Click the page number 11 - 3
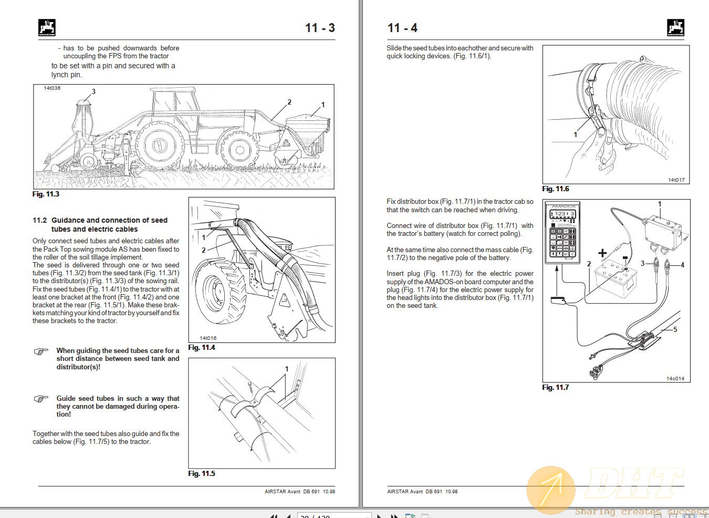point(320,28)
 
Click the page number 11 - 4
point(402,28)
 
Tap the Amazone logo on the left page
point(47,27)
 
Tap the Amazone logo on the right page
point(675,27)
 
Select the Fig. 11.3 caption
point(46,194)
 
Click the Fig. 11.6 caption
point(556,189)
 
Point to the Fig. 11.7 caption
point(556,388)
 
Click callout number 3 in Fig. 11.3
point(93,91)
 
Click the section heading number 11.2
point(39,221)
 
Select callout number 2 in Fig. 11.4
point(204,250)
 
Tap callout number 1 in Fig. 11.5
point(287,369)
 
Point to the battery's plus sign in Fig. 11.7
point(602,253)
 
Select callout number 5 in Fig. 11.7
point(675,329)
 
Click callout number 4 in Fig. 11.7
point(682,265)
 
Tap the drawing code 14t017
point(676,180)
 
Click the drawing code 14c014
point(675,378)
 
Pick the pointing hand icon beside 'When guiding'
point(41,351)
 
